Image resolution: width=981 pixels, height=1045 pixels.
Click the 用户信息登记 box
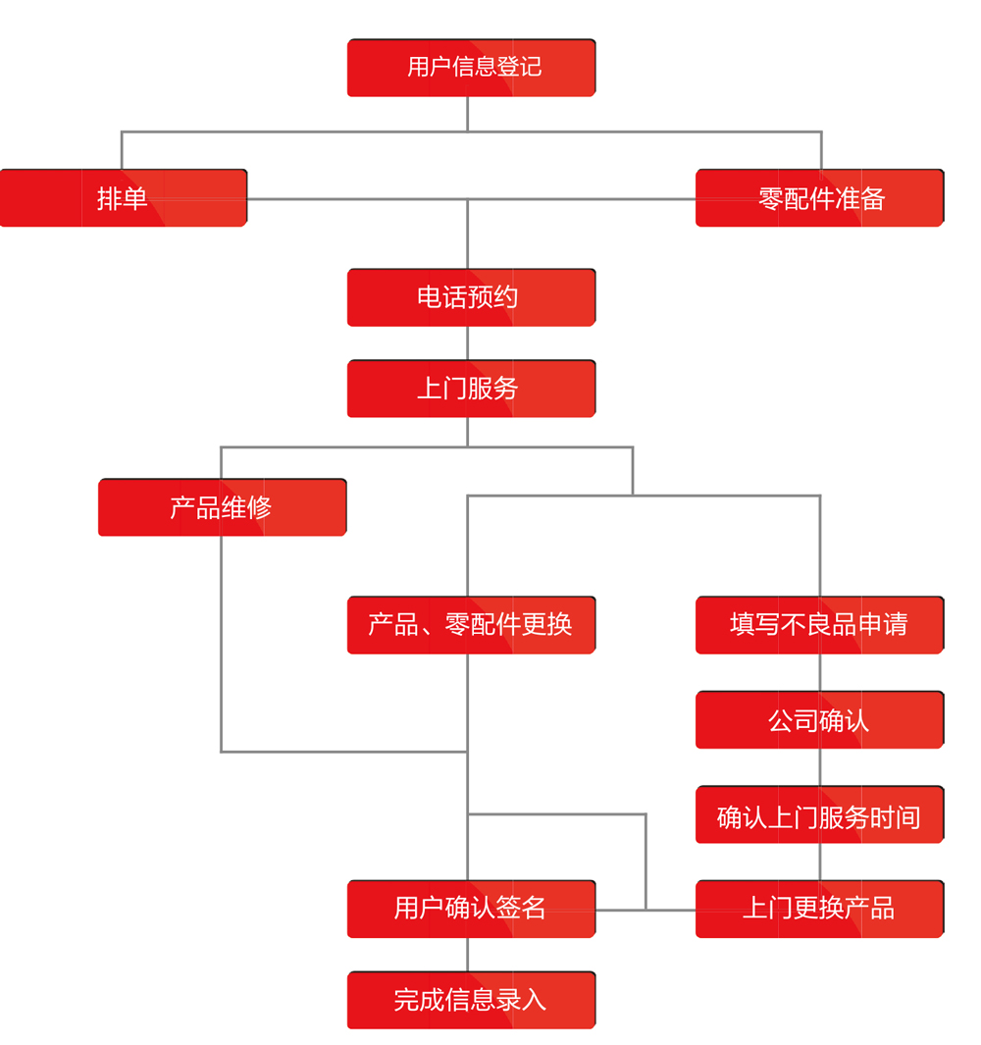471,68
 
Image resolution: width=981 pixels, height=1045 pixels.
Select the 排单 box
123,198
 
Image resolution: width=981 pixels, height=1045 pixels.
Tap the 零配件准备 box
819,198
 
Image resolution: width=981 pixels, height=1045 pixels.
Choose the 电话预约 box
471,297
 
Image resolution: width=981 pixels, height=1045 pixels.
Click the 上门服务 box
471,389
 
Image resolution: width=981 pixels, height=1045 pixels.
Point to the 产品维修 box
222,507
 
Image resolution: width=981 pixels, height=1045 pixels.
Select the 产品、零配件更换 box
471,625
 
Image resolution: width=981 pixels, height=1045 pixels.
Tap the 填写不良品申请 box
819,625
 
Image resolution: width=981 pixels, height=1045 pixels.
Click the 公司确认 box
819,720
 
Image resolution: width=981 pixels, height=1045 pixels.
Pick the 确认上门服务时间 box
819,815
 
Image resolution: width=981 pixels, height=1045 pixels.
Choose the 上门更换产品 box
819,909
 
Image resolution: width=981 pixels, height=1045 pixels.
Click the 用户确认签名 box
471,909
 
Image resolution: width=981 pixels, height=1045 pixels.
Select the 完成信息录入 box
471,1000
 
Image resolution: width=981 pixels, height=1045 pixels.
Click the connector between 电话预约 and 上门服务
467,343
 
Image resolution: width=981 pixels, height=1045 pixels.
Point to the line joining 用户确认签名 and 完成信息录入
467,955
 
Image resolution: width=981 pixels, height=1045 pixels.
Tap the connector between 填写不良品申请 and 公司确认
820,673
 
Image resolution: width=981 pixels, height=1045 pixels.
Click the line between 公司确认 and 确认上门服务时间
820,767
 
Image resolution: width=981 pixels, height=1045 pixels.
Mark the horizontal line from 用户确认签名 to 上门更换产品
645,910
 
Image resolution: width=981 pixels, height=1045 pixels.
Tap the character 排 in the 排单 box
109,199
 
